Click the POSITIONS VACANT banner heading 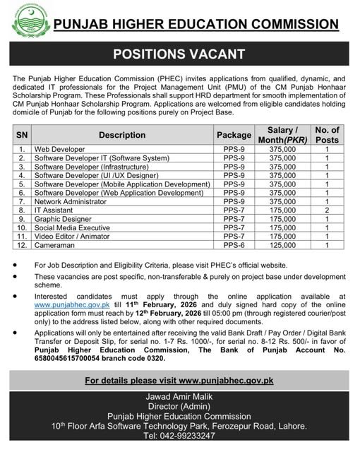(x=179, y=54)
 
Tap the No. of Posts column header (x=327, y=135)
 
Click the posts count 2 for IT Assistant (x=327, y=210)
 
